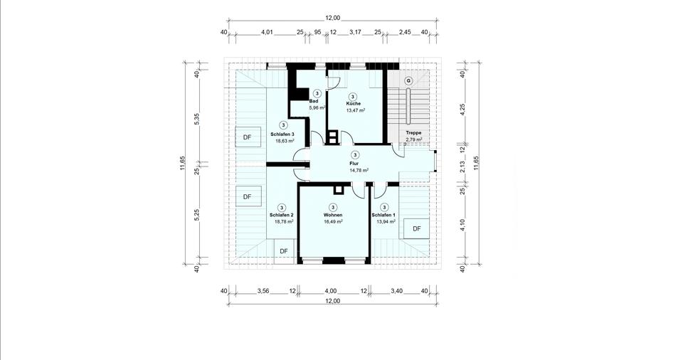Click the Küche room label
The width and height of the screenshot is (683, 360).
(x=354, y=104)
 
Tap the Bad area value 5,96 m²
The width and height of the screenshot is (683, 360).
(x=317, y=108)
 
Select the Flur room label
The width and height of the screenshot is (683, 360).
(x=355, y=163)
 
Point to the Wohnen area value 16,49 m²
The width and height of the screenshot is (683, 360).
(x=333, y=222)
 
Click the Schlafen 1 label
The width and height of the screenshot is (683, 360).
(x=383, y=215)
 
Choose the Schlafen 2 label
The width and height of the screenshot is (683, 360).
(x=282, y=215)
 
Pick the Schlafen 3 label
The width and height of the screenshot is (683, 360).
(x=282, y=134)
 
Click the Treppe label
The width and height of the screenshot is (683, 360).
(x=413, y=133)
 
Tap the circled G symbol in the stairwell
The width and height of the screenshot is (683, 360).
(x=408, y=80)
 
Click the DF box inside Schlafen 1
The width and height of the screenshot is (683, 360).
(x=417, y=228)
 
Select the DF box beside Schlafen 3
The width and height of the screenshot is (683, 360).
(x=247, y=137)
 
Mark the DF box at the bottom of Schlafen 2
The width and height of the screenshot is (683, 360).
(x=284, y=251)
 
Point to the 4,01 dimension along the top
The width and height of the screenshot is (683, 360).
(x=268, y=32)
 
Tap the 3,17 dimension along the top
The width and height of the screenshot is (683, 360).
(x=356, y=32)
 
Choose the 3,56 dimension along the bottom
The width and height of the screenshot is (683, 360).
(x=263, y=291)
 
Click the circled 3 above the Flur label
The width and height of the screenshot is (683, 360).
(x=355, y=154)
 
